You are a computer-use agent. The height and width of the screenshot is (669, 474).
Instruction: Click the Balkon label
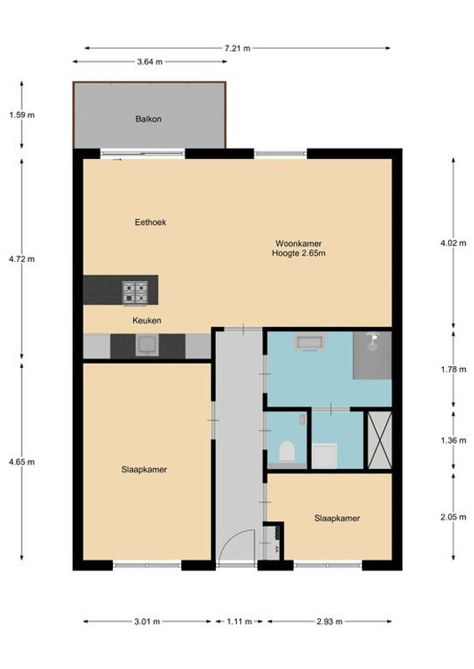[148, 119]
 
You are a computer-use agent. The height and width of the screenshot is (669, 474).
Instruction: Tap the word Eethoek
[151, 222]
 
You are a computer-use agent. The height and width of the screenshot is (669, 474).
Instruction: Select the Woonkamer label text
[298, 243]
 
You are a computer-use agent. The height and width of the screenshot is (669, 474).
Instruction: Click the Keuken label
[147, 320]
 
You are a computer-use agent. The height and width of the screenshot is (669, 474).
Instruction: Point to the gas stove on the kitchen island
[136, 293]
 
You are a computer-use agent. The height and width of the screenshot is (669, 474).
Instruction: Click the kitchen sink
[147, 345]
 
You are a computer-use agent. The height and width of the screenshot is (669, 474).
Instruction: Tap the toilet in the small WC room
[286, 452]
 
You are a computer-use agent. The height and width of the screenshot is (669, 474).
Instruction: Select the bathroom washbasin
[312, 343]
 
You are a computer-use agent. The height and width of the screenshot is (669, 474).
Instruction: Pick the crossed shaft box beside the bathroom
[379, 440]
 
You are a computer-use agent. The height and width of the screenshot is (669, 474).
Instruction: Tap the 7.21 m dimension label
[237, 49]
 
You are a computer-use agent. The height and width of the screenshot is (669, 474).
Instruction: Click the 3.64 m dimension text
[150, 62]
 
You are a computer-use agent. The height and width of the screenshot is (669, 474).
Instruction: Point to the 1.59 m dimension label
[22, 115]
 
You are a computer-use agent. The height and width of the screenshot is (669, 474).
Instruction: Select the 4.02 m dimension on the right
[454, 243]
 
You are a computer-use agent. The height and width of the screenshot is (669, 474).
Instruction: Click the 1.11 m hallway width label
[239, 621]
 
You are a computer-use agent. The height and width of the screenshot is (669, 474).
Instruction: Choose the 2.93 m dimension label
[329, 621]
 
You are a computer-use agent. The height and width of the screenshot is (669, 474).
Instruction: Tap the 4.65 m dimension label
[22, 462]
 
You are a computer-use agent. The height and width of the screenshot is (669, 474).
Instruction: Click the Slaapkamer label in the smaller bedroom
[337, 518]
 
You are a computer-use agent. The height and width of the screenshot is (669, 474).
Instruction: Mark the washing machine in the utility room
[324, 456]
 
